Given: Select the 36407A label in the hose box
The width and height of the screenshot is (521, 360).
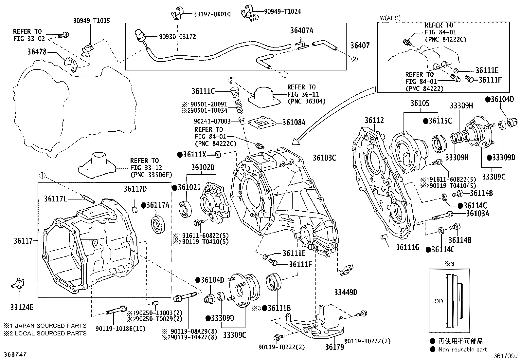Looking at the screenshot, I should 301,30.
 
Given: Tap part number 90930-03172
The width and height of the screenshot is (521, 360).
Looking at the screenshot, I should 178,37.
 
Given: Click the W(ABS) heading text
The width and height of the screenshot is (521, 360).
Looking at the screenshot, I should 390,18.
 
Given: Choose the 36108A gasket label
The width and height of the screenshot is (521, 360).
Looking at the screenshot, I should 294,123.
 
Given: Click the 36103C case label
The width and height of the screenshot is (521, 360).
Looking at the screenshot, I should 324,158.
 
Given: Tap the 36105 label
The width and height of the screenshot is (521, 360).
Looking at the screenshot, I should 420,104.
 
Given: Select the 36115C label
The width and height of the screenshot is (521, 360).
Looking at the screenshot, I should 440,121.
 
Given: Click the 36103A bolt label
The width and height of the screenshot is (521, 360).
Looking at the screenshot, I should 477,214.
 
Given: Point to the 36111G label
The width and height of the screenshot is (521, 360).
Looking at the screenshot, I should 407,247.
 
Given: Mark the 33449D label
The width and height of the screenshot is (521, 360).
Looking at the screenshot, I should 346,292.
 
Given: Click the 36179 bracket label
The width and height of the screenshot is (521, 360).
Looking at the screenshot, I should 335,347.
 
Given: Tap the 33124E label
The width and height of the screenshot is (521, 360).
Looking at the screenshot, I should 22,307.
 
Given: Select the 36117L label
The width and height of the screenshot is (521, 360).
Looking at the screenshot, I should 56,198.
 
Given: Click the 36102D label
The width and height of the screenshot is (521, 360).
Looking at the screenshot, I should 203,168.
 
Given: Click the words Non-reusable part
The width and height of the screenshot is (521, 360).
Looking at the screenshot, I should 462,350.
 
